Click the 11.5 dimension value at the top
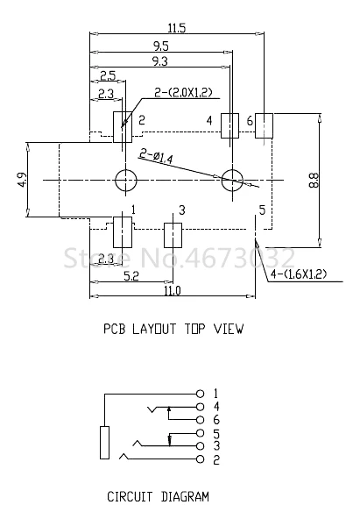(x=177, y=28)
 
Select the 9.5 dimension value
(x=160, y=46)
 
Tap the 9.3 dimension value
(x=160, y=61)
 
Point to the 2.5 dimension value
(x=108, y=75)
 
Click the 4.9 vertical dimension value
(x=22, y=180)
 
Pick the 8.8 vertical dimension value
(x=314, y=180)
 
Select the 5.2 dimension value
(x=131, y=275)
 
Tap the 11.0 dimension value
(x=173, y=291)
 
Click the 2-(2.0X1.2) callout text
(x=183, y=92)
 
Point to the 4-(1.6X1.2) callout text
(x=299, y=274)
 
